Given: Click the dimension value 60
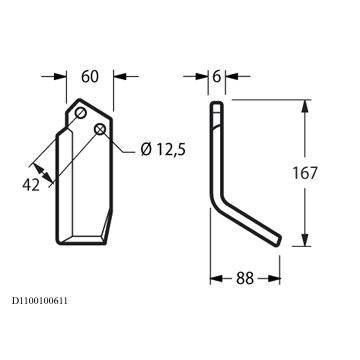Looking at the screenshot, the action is (90, 76).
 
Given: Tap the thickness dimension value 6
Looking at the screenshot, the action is (217, 76).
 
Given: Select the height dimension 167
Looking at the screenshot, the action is (305, 173).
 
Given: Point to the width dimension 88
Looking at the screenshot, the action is (245, 278).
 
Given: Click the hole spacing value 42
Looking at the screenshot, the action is (31, 185).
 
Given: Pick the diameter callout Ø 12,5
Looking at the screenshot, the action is (163, 150).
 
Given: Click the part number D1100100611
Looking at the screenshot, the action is (40, 301).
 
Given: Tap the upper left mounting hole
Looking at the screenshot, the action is (80, 113).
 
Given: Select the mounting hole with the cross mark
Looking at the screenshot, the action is (100, 129).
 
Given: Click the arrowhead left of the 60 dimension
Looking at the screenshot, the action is (60, 76).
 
